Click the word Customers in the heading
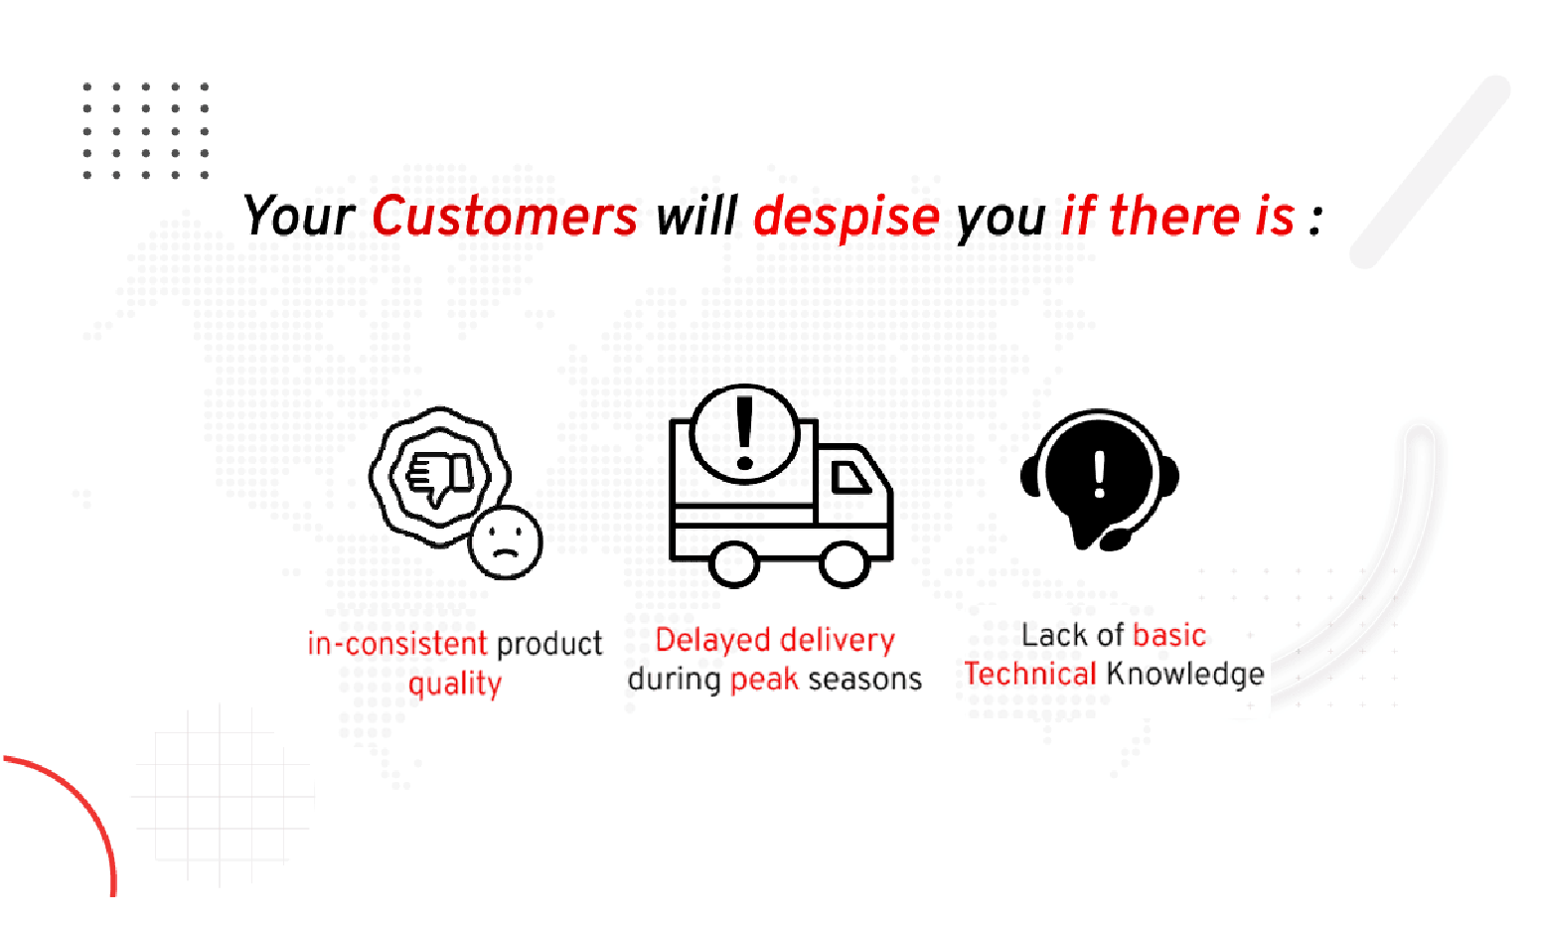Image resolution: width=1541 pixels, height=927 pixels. [x=504, y=217]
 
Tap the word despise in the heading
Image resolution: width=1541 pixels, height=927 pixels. [x=846, y=217]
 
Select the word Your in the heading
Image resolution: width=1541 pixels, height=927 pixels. [x=298, y=217]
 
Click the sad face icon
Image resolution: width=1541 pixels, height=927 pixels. [x=506, y=542]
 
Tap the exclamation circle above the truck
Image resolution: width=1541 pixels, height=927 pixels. [x=744, y=434]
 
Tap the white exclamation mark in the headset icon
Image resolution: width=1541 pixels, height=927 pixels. [x=1099, y=474]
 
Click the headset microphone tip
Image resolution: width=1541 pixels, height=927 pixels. [x=1115, y=540]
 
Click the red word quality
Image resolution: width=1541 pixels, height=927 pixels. [x=455, y=684]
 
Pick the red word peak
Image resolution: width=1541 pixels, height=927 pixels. [x=764, y=680]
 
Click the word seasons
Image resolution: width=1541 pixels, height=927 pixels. [x=864, y=680]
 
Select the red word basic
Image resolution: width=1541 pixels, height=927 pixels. [x=1168, y=635]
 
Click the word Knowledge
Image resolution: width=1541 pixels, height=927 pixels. [x=1184, y=675]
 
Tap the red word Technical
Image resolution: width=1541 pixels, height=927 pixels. [x=1029, y=675]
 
